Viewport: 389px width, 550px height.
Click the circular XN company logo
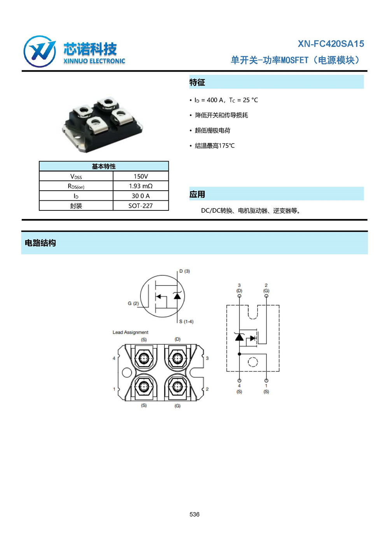tap(40, 51)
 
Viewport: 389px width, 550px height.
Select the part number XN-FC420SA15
tap(331, 44)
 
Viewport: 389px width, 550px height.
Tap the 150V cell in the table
tap(141, 176)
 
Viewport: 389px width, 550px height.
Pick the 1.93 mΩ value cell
tap(141, 186)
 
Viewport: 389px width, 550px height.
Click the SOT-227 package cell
tap(141, 206)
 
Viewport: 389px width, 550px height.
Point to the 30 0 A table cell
tap(141, 196)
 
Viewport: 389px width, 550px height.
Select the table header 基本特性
tap(104, 166)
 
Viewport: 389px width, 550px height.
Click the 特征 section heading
tap(197, 82)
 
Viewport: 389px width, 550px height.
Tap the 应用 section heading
tap(197, 194)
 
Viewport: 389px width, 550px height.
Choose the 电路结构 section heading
tap(40, 243)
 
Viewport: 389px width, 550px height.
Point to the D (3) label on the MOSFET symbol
tap(184, 271)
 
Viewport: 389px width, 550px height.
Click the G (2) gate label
tap(133, 303)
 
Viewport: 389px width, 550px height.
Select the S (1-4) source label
tap(186, 321)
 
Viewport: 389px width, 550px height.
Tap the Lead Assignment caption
tap(130, 332)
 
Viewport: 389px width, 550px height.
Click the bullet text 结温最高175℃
tap(215, 145)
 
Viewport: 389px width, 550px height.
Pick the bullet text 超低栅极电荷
tap(212, 130)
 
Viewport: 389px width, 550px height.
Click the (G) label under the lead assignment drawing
tap(177, 406)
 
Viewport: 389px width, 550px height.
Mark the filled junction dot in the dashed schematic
tap(240, 354)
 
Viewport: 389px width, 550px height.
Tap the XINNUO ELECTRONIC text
tap(94, 61)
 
